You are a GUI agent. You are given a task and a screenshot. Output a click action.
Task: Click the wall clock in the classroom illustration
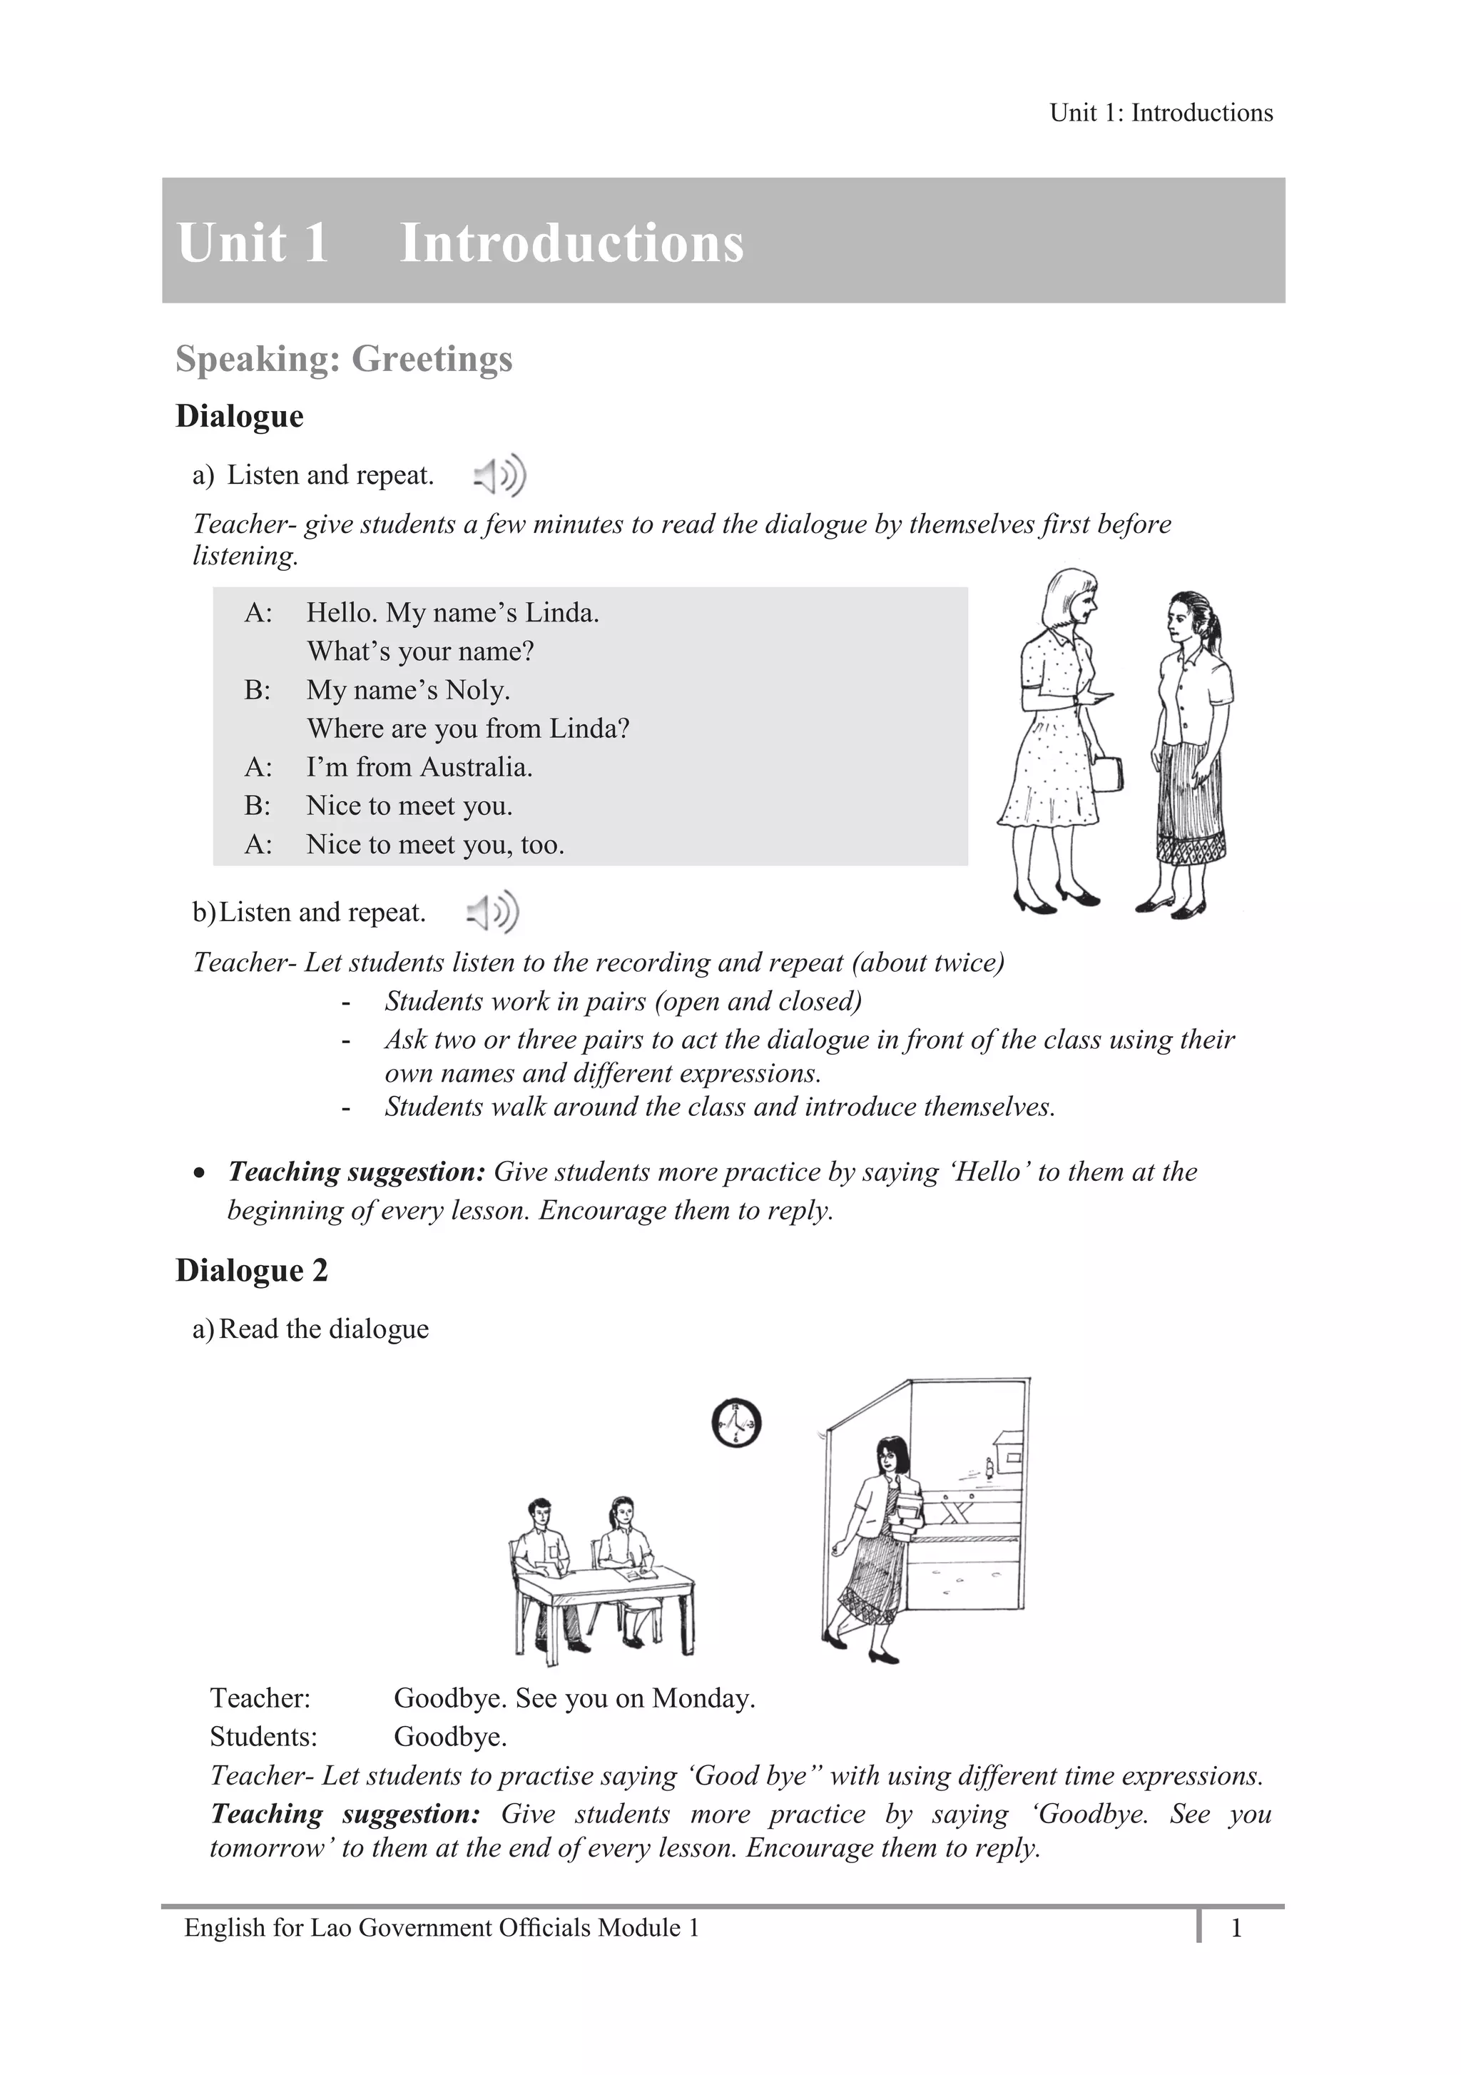click(x=736, y=1424)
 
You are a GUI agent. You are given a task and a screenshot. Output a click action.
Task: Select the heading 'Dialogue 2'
click(x=251, y=1270)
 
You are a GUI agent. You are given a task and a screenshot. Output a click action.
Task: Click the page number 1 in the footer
click(x=1236, y=1929)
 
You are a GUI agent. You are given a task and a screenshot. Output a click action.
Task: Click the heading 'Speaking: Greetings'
click(x=343, y=359)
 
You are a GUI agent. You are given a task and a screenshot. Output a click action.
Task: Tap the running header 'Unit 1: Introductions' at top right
click(x=1161, y=113)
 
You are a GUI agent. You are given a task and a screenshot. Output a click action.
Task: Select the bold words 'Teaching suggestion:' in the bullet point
click(x=357, y=1172)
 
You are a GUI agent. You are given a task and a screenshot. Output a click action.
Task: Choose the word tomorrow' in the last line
click(x=271, y=1848)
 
